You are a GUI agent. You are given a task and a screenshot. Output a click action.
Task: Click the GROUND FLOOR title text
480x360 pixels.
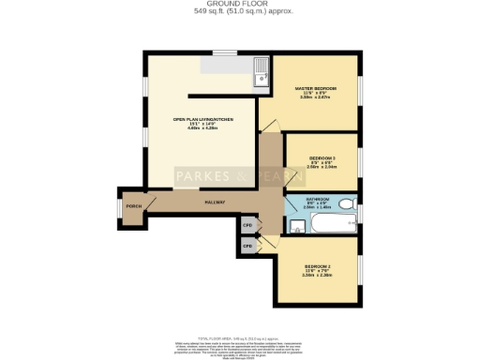[240, 4]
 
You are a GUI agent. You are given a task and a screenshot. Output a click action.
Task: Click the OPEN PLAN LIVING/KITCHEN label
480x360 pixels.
[202, 120]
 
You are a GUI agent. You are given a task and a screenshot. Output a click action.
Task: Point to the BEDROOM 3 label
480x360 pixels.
[321, 158]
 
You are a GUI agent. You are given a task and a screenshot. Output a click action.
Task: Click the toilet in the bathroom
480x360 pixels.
[345, 203]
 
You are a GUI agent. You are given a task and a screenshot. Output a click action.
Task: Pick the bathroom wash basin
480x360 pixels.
[294, 225]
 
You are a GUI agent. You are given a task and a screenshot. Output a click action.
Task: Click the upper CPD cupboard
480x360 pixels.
[248, 225]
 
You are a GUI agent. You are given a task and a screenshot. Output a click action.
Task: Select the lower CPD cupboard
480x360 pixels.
[248, 246]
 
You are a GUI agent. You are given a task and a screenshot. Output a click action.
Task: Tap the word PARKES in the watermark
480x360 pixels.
[202, 176]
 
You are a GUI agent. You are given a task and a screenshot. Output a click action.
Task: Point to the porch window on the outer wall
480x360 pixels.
[117, 207]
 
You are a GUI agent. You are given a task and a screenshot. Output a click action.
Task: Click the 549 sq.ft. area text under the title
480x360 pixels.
[240, 11]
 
